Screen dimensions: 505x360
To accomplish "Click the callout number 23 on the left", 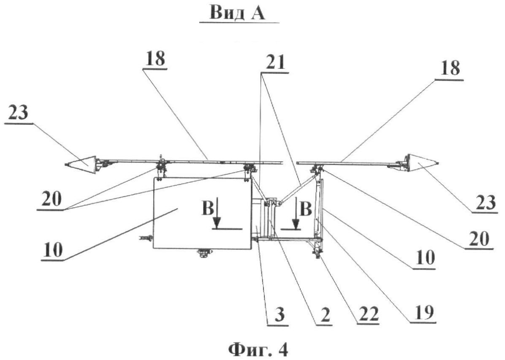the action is coord(18,113).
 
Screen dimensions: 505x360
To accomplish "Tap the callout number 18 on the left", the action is coord(155,59).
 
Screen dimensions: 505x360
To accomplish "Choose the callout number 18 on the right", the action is coord(450,69).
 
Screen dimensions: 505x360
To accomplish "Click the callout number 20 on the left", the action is coord(51,200).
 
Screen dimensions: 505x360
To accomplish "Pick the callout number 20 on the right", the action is coord(479,239).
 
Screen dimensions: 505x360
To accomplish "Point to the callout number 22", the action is coord(369,314).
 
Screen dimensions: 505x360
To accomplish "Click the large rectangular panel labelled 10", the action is coord(202,213).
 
